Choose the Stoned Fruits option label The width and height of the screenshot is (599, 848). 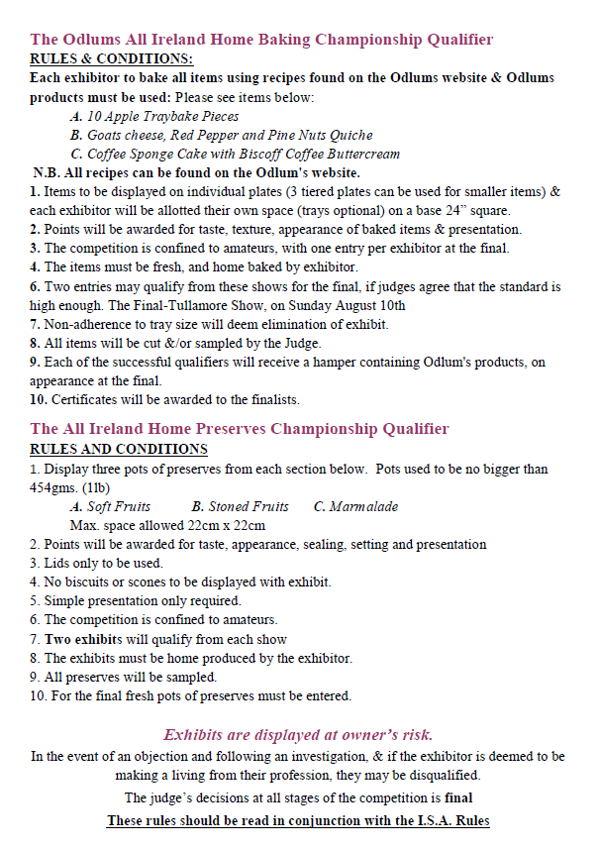point(241,506)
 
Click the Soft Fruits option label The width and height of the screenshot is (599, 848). point(119,506)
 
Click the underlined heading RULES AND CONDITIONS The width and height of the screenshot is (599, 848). point(109,449)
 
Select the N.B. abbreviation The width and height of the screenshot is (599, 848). point(48,172)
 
